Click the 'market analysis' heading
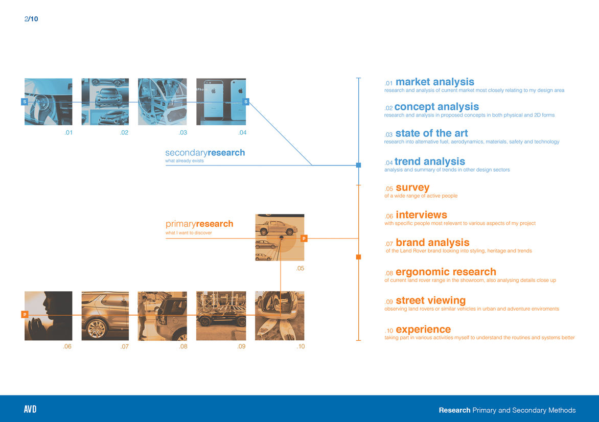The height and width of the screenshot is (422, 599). [434, 82]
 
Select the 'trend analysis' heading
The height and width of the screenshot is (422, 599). [429, 162]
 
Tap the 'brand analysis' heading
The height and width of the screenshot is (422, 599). [432, 243]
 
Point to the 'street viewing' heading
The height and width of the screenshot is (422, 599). [430, 300]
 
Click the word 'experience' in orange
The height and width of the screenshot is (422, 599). [423, 330]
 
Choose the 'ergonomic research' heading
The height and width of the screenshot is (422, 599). [445, 272]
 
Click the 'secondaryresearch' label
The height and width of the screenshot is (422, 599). [205, 153]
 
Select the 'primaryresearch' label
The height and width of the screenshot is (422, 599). [199, 224]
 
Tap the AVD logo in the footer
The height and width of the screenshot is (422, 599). [30, 410]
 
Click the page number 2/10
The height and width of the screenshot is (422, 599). [31, 19]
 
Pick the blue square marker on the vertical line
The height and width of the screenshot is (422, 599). [358, 165]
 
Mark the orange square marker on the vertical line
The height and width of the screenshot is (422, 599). [358, 256]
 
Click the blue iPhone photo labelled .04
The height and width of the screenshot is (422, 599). [221, 102]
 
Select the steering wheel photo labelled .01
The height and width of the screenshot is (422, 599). [48, 102]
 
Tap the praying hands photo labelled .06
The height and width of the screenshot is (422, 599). [48, 316]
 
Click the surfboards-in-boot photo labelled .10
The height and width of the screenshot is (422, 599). [280, 316]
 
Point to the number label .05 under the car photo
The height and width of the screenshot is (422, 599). [301, 268]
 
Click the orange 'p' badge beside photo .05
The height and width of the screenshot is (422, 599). [304, 238]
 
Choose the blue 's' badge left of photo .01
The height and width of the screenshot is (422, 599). [24, 102]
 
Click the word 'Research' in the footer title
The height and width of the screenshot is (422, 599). [454, 410]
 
